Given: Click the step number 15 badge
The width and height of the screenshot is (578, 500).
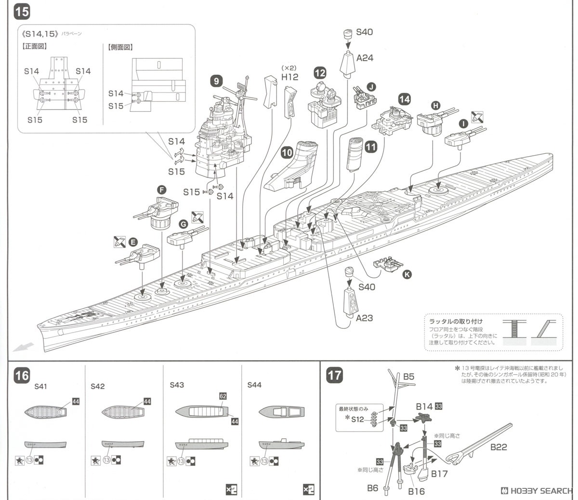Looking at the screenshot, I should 22,12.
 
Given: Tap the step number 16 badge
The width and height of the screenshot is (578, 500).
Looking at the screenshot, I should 22,375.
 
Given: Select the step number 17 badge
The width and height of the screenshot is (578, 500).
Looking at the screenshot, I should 334,375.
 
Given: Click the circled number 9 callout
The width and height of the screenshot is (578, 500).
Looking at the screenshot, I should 216,81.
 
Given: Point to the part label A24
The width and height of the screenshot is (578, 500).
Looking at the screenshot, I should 365,58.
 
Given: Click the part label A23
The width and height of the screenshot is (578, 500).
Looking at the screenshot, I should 365,318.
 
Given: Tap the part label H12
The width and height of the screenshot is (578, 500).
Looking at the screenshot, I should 290,77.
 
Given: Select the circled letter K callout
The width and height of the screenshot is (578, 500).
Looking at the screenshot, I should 407,274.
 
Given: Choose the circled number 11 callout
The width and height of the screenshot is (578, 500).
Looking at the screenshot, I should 370,147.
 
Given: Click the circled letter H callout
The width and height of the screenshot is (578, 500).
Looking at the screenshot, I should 435,105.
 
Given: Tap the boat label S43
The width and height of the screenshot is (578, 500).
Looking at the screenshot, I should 177,385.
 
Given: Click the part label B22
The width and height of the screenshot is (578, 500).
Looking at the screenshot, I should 499,447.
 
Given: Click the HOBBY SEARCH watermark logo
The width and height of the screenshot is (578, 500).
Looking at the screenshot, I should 537,490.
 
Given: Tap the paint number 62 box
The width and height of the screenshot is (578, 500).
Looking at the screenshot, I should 223,396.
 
